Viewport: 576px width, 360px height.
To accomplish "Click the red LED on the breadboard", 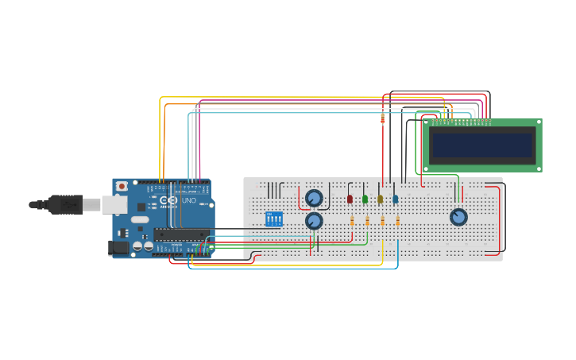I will pos(350,199).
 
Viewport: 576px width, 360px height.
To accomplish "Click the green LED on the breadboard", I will pos(365,199).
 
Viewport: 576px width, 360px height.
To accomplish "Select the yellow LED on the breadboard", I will pos(381,199).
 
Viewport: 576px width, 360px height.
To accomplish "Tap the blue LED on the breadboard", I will pos(396,199).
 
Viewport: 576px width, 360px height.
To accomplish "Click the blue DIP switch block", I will pos(273,219).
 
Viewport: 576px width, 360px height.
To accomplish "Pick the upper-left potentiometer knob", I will pos(314,197).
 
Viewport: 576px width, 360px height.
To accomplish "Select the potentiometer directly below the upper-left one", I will pos(314,221).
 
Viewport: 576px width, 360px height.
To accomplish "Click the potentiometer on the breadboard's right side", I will pos(458,217).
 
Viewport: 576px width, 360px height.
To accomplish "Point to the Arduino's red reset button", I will pos(122,186).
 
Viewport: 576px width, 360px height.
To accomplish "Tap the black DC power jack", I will pos(118,247).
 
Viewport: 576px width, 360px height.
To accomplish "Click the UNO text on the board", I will pos(189,201).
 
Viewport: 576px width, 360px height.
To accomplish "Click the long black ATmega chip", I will pos(181,234).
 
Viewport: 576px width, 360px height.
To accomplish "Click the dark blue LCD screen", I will pos(481,145).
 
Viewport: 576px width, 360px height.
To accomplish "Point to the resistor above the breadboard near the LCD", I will pos(383,119).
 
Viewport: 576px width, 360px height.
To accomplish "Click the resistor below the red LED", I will pos(352,221).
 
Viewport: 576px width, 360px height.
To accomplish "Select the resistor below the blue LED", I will pos(398,221).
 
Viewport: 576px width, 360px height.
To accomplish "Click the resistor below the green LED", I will pos(367,221).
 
